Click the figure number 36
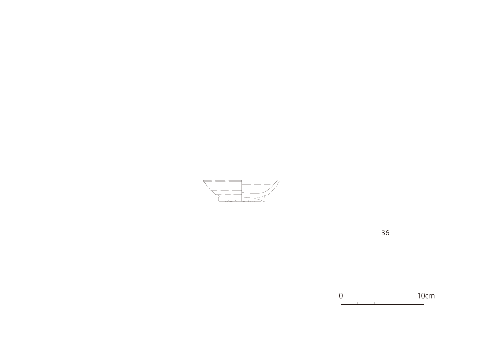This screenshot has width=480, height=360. tap(385, 233)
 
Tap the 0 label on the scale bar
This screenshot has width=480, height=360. tap(341, 296)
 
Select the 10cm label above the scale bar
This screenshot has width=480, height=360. tap(426, 296)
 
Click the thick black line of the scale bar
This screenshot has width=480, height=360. tap(382, 304)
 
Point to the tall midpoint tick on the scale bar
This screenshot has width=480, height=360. tap(382, 302)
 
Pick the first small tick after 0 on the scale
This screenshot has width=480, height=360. tap(349, 303)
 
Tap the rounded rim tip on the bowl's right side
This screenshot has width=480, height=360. tap(279, 180)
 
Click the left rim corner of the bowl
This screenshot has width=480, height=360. tap(204, 180)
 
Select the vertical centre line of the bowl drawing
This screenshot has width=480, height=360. tap(242, 190)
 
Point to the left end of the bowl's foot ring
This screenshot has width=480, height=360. tap(219, 199)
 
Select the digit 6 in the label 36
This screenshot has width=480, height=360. tap(387, 233)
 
